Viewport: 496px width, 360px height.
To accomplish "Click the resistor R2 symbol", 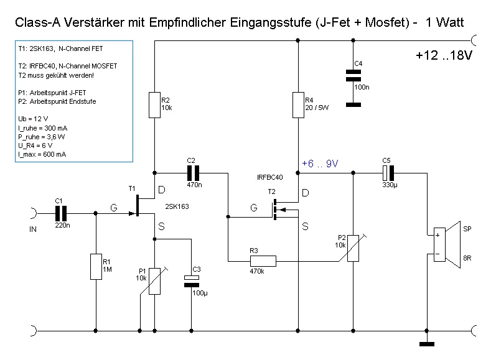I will (x=156, y=105).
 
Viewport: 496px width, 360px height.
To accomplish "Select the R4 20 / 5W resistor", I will (x=299, y=105).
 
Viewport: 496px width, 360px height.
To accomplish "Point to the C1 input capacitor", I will (x=60, y=213).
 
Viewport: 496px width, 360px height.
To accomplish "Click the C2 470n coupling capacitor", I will (x=192, y=172).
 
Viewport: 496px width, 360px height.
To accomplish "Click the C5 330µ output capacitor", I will (x=388, y=172).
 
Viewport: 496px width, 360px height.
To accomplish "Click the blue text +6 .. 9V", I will (x=319, y=164).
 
